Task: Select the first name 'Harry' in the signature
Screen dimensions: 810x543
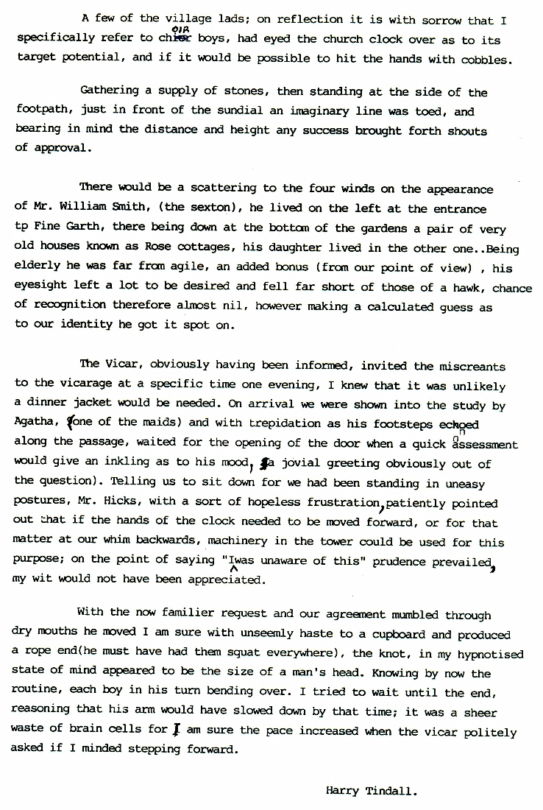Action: (341, 792)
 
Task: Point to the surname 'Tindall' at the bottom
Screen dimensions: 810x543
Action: (392, 792)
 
